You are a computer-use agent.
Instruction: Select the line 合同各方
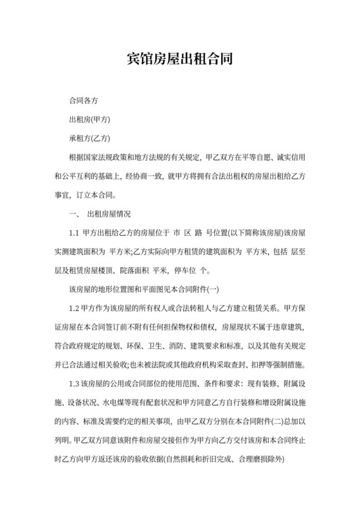coord(83,102)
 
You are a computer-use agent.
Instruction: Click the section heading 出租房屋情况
coord(113,213)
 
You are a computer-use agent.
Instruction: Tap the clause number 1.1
coord(74,232)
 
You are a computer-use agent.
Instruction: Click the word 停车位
coord(192,269)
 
